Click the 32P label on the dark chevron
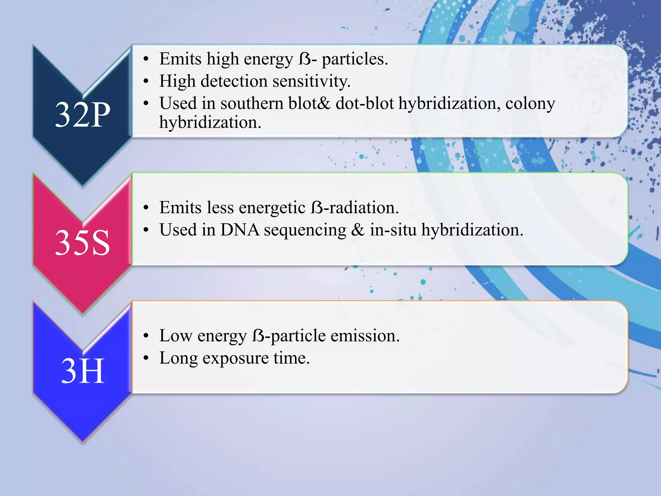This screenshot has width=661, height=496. click(x=83, y=115)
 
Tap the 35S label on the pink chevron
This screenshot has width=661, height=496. click(x=83, y=243)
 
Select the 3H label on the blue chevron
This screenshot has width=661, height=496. click(x=83, y=371)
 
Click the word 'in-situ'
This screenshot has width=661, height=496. click(x=393, y=230)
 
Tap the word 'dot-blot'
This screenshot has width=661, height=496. click(x=365, y=104)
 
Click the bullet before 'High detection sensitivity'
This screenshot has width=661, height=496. click(x=146, y=81)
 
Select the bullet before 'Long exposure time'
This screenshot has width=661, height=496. click(x=146, y=358)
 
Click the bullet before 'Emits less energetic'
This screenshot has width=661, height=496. click(x=146, y=208)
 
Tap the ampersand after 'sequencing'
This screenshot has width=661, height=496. click(x=358, y=230)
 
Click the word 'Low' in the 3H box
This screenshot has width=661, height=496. click(x=176, y=336)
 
